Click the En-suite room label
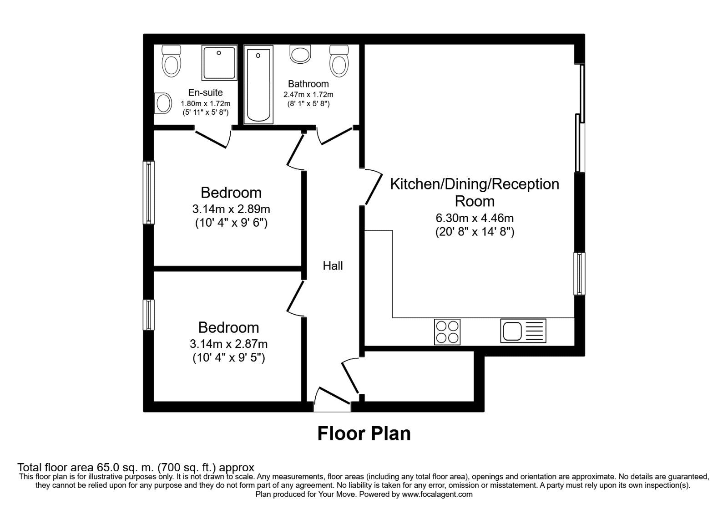point(205,92)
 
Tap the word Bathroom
point(308,84)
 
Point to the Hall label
point(333,266)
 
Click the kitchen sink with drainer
point(523,331)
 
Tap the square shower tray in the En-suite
point(219,63)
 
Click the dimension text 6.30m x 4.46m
point(475,218)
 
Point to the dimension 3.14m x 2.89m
point(231,209)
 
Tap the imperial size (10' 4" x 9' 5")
point(228,357)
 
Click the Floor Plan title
point(364,433)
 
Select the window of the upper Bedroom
point(149,192)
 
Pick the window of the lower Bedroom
point(149,315)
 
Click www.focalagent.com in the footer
point(437,494)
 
